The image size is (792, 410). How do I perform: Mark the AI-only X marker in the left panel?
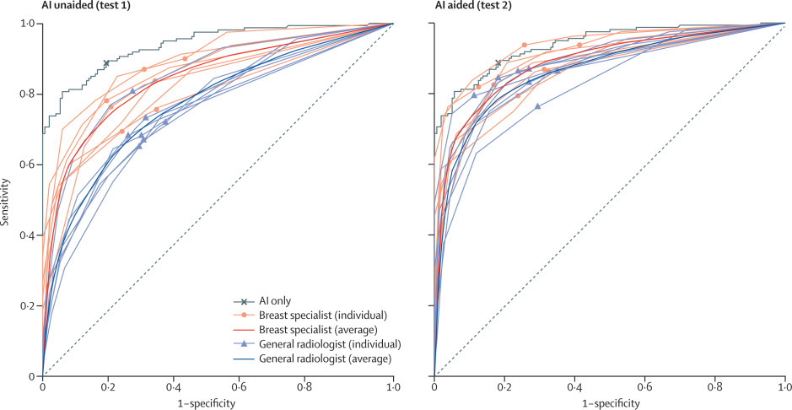click(x=106, y=63)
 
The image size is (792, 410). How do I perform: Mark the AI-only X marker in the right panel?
click(x=498, y=63)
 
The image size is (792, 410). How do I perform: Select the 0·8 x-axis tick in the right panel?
click(x=715, y=388)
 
